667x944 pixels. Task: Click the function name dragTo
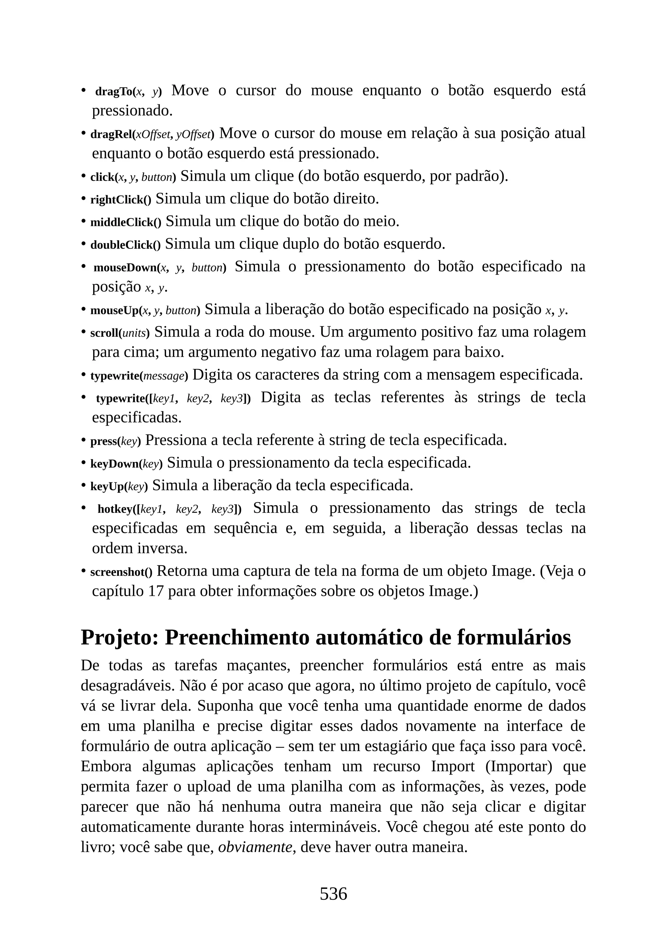coord(113,92)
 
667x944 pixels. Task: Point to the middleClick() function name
coord(126,222)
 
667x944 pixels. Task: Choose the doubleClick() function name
coord(125,245)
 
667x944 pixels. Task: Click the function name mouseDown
coord(125,268)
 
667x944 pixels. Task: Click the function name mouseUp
coord(115,310)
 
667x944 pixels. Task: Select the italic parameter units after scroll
coord(134,333)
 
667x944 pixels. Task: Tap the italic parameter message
coord(164,376)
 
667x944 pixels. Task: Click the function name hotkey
coord(115,509)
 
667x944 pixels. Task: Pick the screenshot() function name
coord(121,572)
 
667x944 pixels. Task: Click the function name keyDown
coord(115,464)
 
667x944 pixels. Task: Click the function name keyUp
coord(107,487)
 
